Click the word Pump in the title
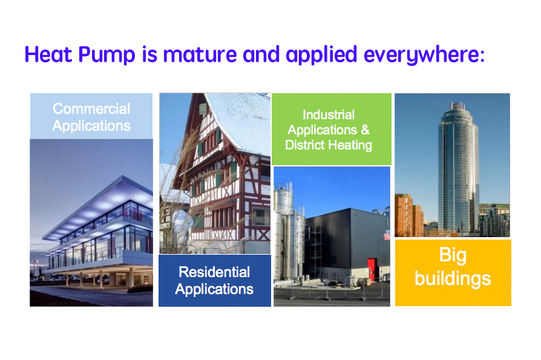[x=107, y=55]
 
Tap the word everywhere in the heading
[x=424, y=55]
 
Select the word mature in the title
[x=200, y=55]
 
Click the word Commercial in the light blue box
[x=91, y=109]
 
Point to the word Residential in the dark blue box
[x=214, y=272]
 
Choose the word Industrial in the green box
[x=329, y=114]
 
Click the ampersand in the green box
[x=365, y=129]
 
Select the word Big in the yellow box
[x=453, y=255]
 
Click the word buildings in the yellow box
[x=453, y=278]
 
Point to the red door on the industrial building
[x=371, y=270]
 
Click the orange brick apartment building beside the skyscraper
[x=408, y=215]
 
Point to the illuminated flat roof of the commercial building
[x=100, y=207]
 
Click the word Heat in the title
[x=48, y=55]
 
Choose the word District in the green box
[x=306, y=145]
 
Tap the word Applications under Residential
[x=214, y=289]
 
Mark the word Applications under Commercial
[x=91, y=126]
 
